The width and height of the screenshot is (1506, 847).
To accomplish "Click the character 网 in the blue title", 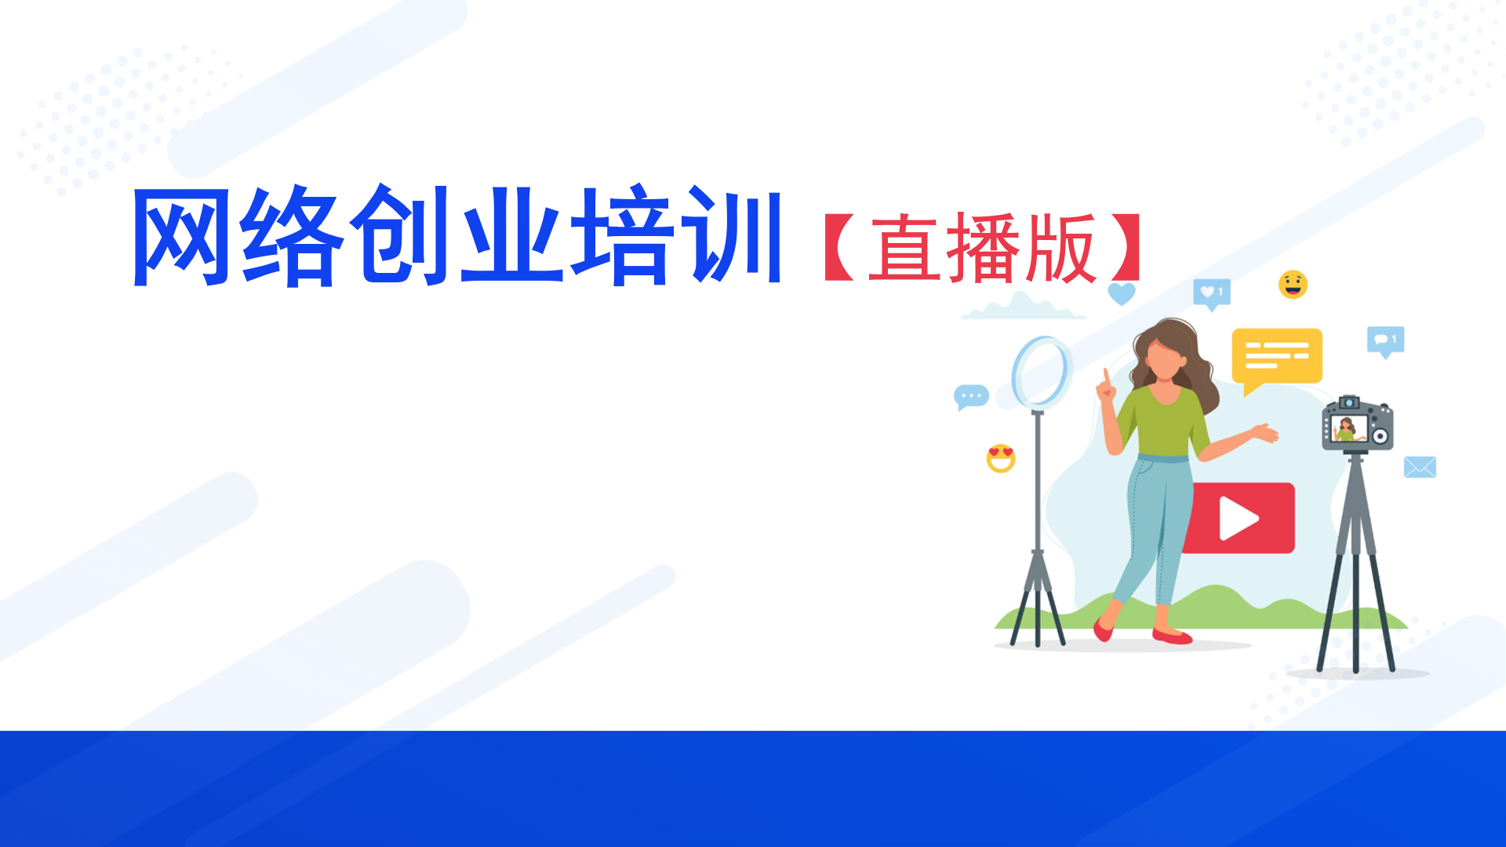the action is [x=182, y=237].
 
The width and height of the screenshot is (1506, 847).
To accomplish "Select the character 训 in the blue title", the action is [x=731, y=235].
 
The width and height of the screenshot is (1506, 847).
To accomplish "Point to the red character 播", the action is [x=984, y=248].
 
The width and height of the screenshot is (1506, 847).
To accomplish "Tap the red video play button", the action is [x=1239, y=518].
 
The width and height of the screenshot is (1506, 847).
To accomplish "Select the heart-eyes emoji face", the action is [x=1001, y=458].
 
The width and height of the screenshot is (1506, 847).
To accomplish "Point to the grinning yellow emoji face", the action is [x=1293, y=285].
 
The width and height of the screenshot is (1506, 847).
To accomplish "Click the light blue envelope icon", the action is [x=1420, y=467].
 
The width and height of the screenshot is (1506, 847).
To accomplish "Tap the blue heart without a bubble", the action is [x=1122, y=294].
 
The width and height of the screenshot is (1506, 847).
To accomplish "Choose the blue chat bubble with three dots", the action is [x=971, y=398].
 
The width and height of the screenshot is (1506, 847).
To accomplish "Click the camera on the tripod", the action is [x=1357, y=424].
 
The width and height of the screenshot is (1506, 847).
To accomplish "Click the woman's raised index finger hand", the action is [x=1106, y=387].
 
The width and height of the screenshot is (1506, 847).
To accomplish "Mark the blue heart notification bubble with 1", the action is [x=1212, y=294].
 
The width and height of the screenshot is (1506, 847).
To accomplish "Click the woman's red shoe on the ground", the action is [x=1172, y=636].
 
